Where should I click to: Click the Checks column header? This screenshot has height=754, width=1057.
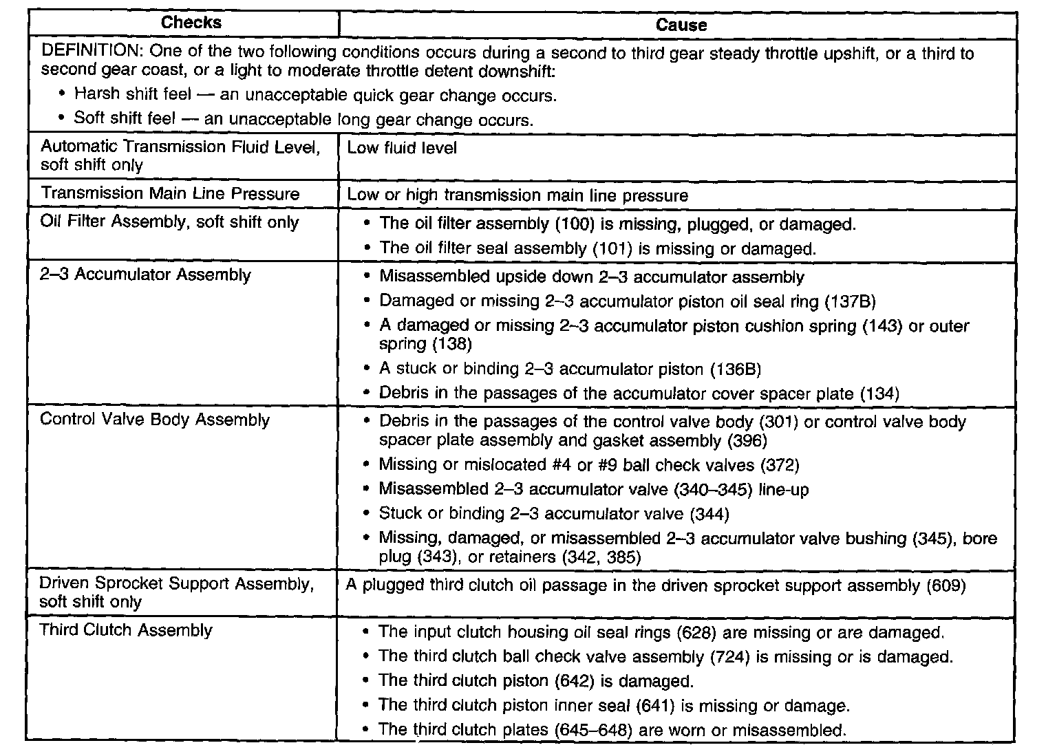click(x=191, y=23)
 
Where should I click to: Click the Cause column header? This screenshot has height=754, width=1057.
click(x=681, y=25)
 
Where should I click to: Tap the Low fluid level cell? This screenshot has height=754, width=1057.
click(x=402, y=148)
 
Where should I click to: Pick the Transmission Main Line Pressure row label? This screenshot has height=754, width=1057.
click(x=170, y=193)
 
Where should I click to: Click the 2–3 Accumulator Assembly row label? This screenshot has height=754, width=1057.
click(x=145, y=275)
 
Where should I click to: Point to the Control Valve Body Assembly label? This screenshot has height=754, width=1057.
click(x=155, y=420)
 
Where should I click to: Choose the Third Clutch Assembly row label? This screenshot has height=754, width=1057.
click(x=126, y=630)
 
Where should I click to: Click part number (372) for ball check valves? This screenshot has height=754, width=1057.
click(x=779, y=465)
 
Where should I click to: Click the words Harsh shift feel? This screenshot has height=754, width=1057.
click(x=133, y=94)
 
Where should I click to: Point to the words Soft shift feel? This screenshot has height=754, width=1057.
click(x=125, y=118)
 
